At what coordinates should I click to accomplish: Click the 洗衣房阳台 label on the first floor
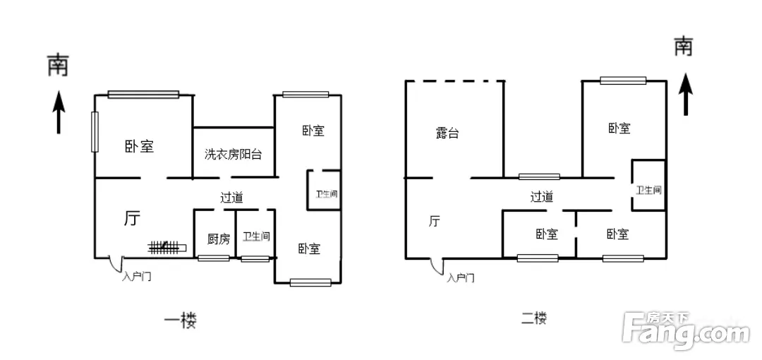234,155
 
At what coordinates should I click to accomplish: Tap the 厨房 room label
218,239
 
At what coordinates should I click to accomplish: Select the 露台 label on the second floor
447,133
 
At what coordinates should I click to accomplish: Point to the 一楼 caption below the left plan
181,320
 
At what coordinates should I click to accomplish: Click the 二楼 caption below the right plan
533,319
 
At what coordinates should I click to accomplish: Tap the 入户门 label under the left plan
137,277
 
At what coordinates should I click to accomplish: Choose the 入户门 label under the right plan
460,278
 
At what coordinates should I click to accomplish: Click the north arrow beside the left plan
59,112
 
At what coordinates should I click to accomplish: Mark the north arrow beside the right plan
685,95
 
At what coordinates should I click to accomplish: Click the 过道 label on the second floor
541,196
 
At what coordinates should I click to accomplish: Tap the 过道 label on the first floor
231,198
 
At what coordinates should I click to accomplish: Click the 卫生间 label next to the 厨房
256,236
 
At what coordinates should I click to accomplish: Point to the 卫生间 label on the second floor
649,190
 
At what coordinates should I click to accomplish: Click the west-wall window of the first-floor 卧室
95,132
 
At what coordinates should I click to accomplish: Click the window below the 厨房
213,258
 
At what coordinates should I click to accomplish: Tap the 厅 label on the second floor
434,222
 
